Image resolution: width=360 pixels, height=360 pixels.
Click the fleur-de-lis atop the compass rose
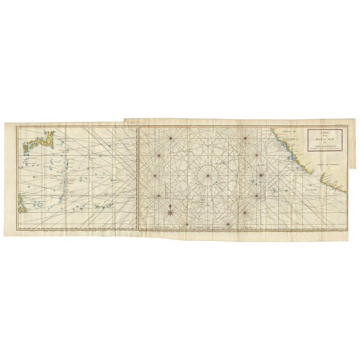[x=170, y=205]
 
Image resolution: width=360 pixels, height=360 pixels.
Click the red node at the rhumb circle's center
[x=208, y=177]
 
